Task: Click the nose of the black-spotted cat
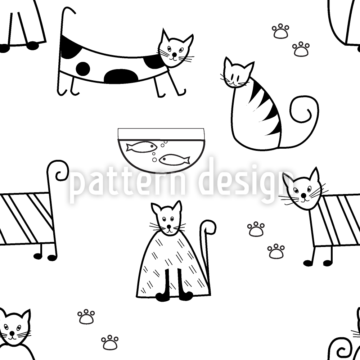pos(175,54)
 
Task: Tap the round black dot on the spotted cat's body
pos(83,68)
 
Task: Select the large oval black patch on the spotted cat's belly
pos(121,76)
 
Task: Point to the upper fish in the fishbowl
pos(141,147)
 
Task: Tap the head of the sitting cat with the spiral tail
pos(238,73)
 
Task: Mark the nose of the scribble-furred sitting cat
pos(169,226)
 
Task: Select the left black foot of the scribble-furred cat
pos(162,296)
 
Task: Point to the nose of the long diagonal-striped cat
pos(303,195)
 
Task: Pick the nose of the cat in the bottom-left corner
pos(12,333)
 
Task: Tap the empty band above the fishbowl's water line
pos(161,134)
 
